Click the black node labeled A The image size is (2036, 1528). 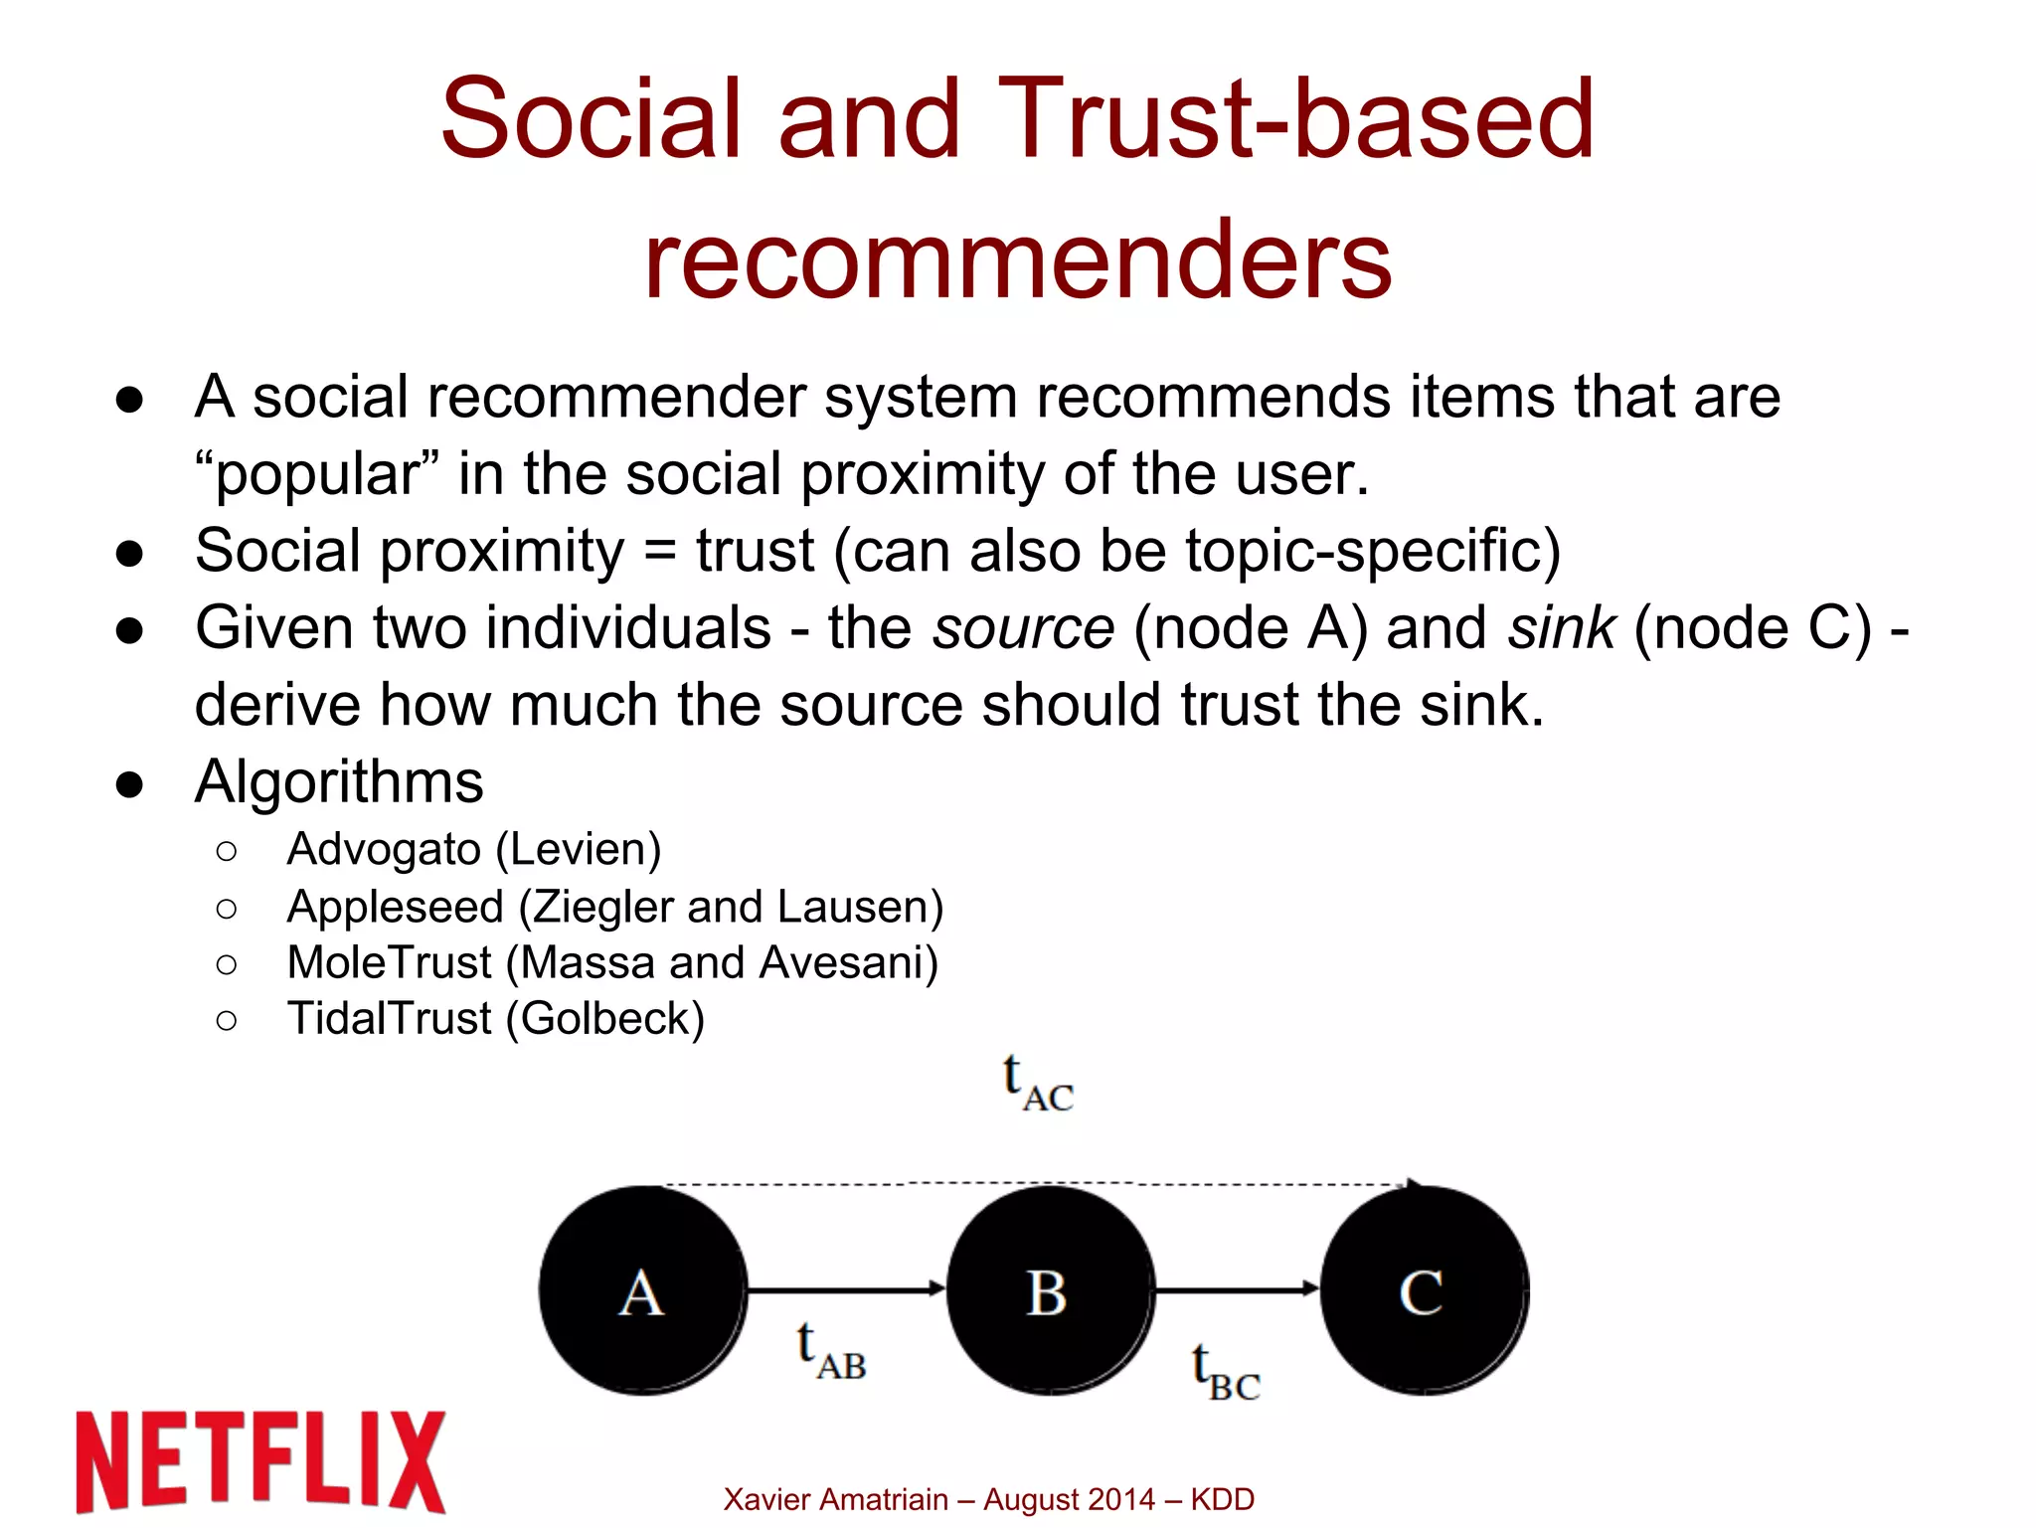pyautogui.click(x=643, y=1290)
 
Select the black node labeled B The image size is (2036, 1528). pyautogui.click(x=1050, y=1290)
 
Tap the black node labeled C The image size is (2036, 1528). pyautogui.click(x=1424, y=1290)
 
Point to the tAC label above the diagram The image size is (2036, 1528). pyautogui.click(x=1038, y=1084)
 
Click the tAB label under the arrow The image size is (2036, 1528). pyautogui.click(x=831, y=1352)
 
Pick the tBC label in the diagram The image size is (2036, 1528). pyautogui.click(x=1226, y=1373)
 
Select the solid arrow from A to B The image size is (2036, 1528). pyautogui.click(x=845, y=1289)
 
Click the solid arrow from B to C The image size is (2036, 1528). pyautogui.click(x=1237, y=1289)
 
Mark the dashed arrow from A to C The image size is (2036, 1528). pyautogui.click(x=1034, y=1183)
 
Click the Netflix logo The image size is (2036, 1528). pyautogui.click(x=260, y=1461)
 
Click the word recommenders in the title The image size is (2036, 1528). pyautogui.click(x=1018, y=260)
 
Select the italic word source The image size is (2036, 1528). pyautogui.click(x=1023, y=628)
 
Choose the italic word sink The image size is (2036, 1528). pyautogui.click(x=1561, y=628)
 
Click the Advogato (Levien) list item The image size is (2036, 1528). pyautogui.click(x=473, y=849)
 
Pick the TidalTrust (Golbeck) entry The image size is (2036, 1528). pyautogui.click(x=495, y=1018)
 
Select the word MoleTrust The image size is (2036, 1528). pyautogui.click(x=389, y=962)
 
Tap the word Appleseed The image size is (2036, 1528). pyautogui.click(x=395, y=906)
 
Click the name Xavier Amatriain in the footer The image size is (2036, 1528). pyautogui.click(x=835, y=1499)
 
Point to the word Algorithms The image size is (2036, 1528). pyautogui.click(x=339, y=781)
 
